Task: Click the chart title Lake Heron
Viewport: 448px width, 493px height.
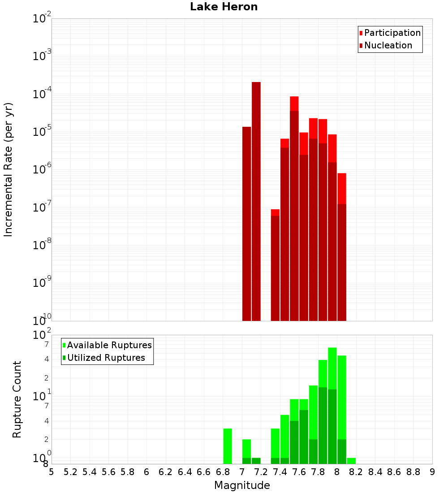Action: [224, 7]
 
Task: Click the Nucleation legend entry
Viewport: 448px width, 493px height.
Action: [388, 45]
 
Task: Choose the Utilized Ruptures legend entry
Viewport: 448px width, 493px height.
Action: [106, 358]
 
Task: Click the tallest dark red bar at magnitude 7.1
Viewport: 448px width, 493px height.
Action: [256, 202]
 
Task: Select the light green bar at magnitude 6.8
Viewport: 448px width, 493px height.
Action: [228, 446]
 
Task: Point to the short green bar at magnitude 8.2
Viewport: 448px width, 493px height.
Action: [351, 461]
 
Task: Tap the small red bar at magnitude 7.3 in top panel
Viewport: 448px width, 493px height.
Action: [275, 264]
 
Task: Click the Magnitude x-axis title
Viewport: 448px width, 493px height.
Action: [242, 485]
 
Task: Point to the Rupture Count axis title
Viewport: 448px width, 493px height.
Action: [17, 399]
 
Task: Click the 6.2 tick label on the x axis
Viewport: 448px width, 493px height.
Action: [165, 472]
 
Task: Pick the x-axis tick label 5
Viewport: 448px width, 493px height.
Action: [52, 472]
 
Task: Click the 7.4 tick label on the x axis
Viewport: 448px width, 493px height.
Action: [280, 472]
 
